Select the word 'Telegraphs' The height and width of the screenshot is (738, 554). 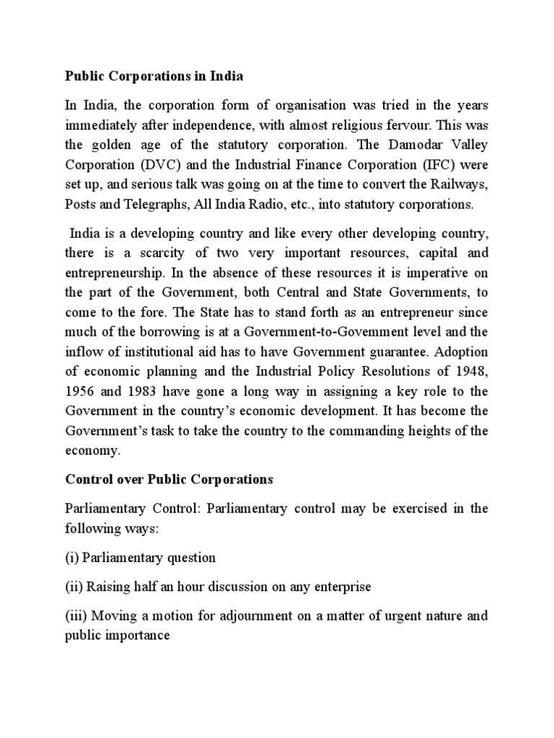click(x=157, y=204)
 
